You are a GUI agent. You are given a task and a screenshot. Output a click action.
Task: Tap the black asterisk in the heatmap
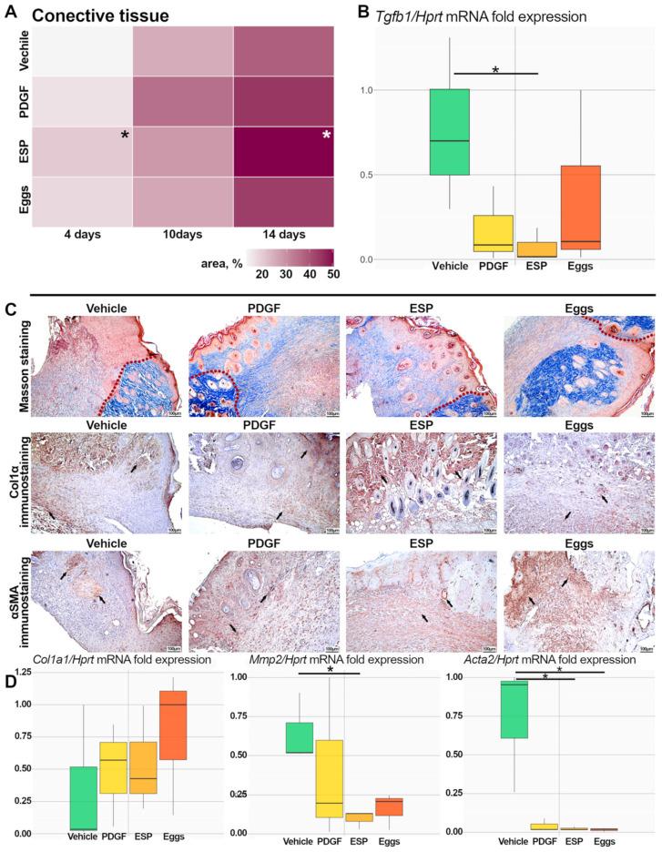(123, 136)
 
